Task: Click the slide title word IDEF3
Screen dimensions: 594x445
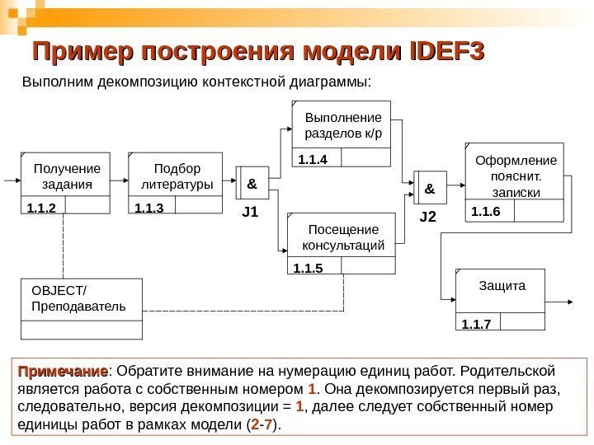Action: point(445,51)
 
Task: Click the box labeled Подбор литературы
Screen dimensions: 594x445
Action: point(177,175)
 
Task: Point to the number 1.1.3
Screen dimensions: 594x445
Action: point(149,208)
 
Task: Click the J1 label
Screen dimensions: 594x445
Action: point(250,213)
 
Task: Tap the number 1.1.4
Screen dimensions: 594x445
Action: point(313,159)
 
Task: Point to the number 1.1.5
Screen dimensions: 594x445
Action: point(307,268)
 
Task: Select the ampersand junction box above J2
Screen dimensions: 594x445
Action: point(429,189)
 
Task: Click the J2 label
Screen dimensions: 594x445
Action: point(427,218)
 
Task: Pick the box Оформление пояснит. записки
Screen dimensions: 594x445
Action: point(515,175)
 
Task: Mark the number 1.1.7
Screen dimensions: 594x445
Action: point(476,323)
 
